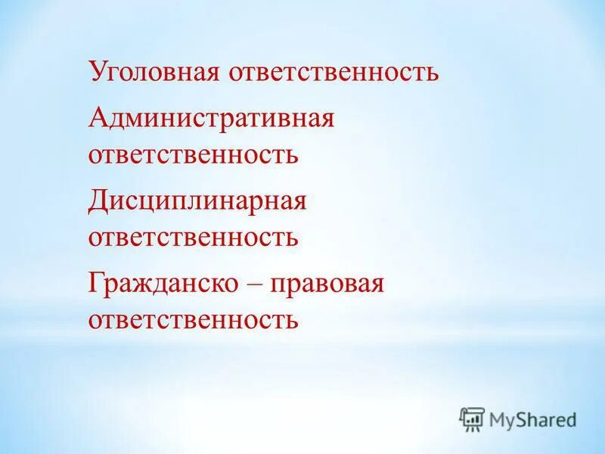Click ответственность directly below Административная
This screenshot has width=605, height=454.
(193, 156)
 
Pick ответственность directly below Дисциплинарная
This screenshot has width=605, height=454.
(193, 238)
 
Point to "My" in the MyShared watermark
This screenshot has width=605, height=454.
(503, 419)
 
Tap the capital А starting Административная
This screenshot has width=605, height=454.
(98, 118)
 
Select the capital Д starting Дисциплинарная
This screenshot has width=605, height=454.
(98, 202)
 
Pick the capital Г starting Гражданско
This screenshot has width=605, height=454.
(96, 285)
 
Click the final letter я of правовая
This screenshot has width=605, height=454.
(378, 287)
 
